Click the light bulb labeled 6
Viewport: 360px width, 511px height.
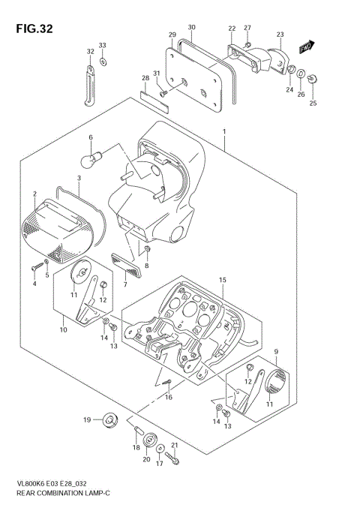pyautogui.click(x=94, y=158)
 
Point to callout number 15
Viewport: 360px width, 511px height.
pyautogui.click(x=222, y=280)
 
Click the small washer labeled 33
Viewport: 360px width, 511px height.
pyautogui.click(x=103, y=62)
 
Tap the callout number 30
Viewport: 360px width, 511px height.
pyautogui.click(x=191, y=28)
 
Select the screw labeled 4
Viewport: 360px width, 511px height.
pyautogui.click(x=38, y=266)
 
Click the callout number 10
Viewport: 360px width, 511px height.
pyautogui.click(x=62, y=328)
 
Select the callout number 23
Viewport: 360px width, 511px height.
pyautogui.click(x=280, y=35)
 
